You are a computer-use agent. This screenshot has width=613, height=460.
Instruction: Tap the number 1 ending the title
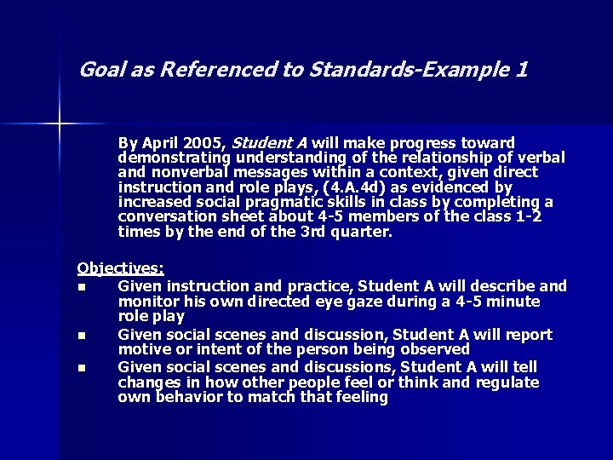[520, 69]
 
